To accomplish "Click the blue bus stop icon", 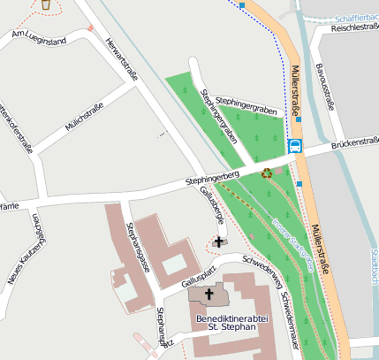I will (295, 146).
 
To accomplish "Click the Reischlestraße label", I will (353, 28).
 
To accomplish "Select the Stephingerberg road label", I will (212, 180).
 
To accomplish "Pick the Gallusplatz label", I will (199, 272).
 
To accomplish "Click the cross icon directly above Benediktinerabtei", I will (209, 294).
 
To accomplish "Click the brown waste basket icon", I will (45, 4).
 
